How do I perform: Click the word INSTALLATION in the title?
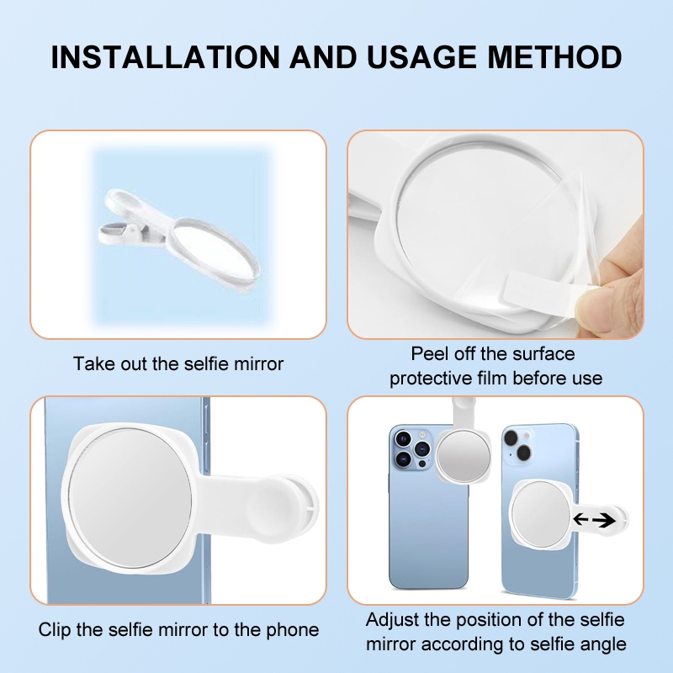(x=165, y=56)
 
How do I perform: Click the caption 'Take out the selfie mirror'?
(x=178, y=364)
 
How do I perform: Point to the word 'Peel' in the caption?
(x=430, y=354)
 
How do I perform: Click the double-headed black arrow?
(x=594, y=520)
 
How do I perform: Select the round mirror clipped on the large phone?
(x=130, y=498)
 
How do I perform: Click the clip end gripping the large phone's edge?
(x=287, y=506)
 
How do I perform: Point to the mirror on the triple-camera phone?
(x=463, y=455)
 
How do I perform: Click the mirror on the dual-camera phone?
(x=541, y=514)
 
